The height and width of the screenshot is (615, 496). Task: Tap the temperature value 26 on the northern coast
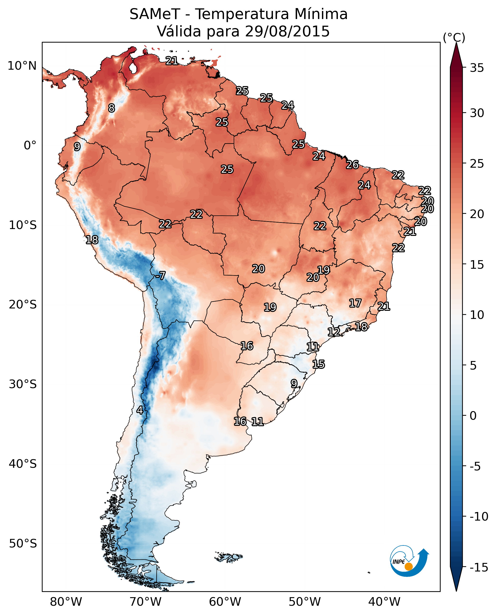pyautogui.click(x=352, y=165)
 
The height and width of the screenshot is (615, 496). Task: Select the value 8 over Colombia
pyautogui.click(x=112, y=108)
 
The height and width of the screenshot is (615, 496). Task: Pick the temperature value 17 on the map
pyautogui.click(x=355, y=303)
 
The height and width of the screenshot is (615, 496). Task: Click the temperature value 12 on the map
pyautogui.click(x=334, y=332)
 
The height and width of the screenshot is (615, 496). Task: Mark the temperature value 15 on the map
pyautogui.click(x=318, y=364)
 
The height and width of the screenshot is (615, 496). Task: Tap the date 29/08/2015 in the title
pyautogui.click(x=287, y=31)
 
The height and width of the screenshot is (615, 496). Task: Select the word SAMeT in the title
pyautogui.click(x=155, y=14)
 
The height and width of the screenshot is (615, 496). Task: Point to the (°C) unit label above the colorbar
pyautogui.click(x=454, y=37)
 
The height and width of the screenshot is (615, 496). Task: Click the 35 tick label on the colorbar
pyautogui.click(x=477, y=68)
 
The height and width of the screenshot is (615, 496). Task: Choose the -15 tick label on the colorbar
pyautogui.click(x=479, y=568)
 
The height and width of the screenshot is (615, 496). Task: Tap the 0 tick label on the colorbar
pyautogui.click(x=473, y=416)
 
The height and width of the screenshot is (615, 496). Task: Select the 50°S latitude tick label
pyautogui.click(x=23, y=544)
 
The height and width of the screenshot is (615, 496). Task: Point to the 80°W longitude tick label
pyautogui.click(x=66, y=602)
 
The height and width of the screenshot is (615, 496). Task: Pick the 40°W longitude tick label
pyautogui.click(x=384, y=602)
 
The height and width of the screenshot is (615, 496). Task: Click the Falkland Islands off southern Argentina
pyautogui.click(x=229, y=557)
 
